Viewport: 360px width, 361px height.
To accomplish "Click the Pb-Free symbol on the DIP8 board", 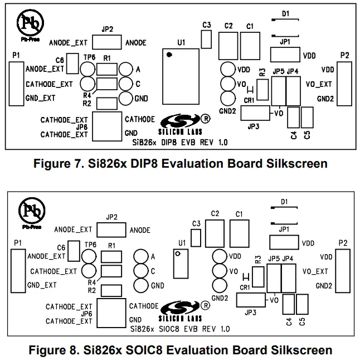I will (x=30, y=23).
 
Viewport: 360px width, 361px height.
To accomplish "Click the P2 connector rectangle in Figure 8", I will (x=345, y=271).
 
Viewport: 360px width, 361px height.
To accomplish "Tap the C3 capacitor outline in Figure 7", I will (x=207, y=39).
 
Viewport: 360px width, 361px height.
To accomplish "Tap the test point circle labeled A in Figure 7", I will (x=125, y=69).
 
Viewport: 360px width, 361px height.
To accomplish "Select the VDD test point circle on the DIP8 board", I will (x=227, y=70).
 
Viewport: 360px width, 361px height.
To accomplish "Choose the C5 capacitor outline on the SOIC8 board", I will (x=302, y=304).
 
